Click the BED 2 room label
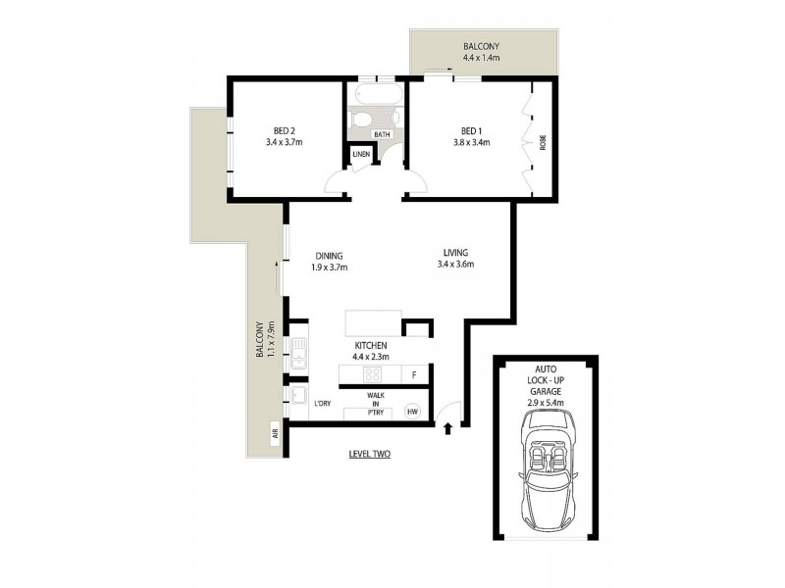284,130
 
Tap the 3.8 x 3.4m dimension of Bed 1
471,143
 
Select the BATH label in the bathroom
382,135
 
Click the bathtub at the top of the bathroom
376,96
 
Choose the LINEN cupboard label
360,155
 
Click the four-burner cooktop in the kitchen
372,374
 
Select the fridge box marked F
415,375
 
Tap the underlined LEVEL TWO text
370,454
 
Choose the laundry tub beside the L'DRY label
295,397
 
